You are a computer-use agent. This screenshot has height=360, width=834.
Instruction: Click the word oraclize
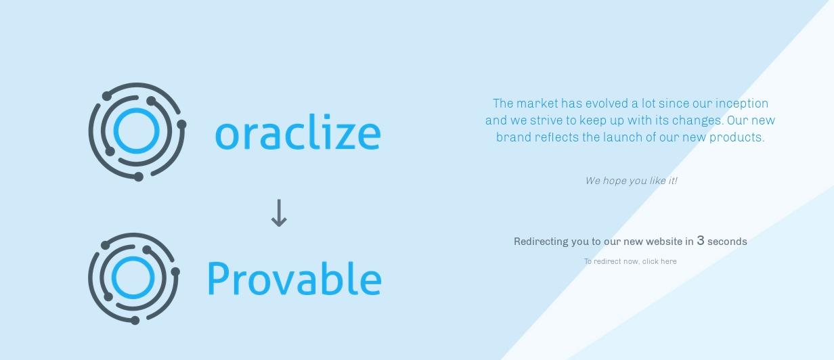coord(298,132)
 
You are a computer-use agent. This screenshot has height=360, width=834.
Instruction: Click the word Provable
coord(294,279)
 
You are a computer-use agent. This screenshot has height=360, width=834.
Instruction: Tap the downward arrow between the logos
coord(279,213)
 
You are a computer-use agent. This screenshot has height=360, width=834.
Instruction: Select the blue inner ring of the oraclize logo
coord(136,110)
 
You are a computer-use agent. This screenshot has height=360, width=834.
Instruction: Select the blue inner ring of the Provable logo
coord(133,258)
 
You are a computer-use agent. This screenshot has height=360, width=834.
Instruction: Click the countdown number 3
coord(701,240)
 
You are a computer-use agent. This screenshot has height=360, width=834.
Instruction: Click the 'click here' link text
coord(659,261)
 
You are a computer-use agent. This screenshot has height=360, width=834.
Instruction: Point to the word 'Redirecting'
coord(541,242)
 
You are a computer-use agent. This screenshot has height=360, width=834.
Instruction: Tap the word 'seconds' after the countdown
coord(727,242)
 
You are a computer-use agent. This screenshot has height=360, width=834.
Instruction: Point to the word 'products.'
coord(737,137)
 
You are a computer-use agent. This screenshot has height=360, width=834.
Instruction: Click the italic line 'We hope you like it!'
coord(631,181)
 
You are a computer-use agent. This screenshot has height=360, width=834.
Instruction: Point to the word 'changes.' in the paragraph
coord(698,120)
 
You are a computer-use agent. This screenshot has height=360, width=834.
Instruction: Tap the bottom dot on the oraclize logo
coord(138,177)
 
